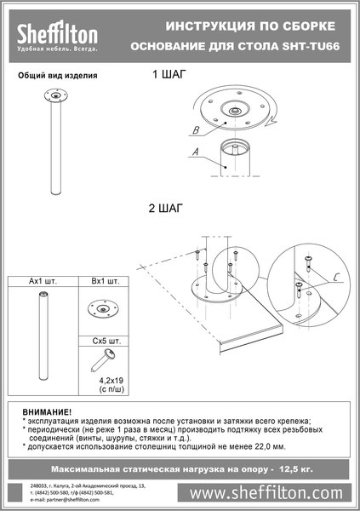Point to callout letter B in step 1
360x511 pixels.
point(196,131)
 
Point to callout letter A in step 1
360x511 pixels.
point(197,153)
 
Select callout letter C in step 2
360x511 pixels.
point(336,277)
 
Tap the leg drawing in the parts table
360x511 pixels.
point(42,336)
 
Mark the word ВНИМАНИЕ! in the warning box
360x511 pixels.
point(47,411)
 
